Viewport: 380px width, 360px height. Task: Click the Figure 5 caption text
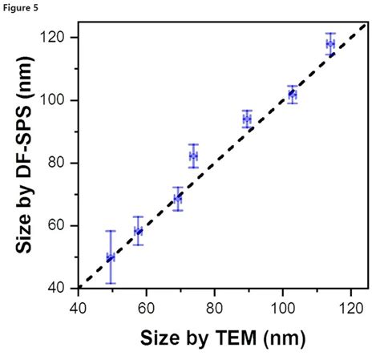18,7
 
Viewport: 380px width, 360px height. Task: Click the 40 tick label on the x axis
78,305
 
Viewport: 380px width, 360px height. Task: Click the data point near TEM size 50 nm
111,257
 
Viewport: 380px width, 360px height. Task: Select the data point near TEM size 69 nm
178,197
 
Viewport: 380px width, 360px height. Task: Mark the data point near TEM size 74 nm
193,156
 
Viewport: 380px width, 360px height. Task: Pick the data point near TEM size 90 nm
247,119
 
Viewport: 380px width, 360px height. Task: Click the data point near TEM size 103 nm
293,95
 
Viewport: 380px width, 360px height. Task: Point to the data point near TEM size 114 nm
330,44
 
